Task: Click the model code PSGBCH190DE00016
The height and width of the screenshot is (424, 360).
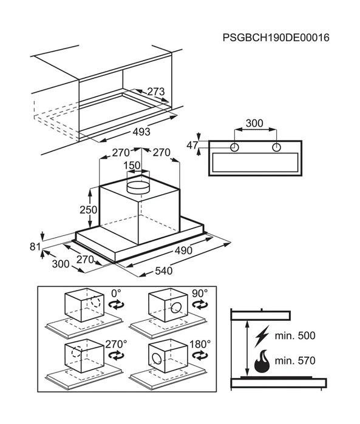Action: point(276,38)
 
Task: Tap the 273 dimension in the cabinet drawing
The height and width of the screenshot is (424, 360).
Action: point(155,92)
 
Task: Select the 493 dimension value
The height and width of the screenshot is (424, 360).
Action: point(141,132)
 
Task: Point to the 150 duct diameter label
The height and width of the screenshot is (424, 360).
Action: point(132,166)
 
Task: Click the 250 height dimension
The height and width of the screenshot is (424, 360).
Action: point(88,209)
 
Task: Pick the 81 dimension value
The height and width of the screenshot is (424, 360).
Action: point(35,247)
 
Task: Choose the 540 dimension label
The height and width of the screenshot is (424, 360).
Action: point(163,271)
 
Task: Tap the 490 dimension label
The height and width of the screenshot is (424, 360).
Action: point(183,251)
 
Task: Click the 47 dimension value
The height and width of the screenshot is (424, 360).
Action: point(192,145)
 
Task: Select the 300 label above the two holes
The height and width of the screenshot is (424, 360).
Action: point(254,123)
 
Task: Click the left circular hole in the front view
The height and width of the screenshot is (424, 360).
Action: point(234,147)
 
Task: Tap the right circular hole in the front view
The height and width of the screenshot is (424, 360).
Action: point(276,147)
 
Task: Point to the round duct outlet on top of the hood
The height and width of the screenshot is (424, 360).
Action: point(138,187)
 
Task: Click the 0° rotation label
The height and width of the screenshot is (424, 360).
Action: point(117,293)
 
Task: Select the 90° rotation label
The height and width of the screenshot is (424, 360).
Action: point(200,293)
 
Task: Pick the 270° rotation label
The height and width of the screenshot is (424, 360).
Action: point(116,344)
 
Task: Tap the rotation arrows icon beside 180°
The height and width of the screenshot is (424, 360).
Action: point(200,356)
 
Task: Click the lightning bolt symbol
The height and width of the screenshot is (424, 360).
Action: point(262,337)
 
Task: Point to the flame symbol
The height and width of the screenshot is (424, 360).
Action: point(262,362)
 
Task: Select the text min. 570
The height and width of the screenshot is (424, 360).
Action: point(295,361)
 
